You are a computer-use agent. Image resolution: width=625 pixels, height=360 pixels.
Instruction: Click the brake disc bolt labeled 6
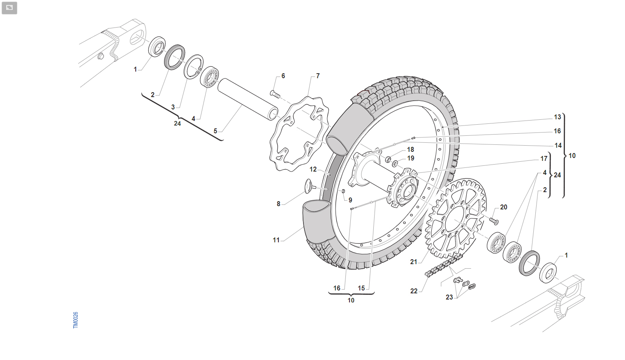tap(275, 94)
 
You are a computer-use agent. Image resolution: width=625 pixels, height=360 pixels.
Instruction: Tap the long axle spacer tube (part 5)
tap(248, 99)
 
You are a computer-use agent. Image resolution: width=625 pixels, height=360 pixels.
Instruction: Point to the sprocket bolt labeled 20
tap(494, 221)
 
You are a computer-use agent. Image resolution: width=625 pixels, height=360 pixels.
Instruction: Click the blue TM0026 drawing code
tap(76, 320)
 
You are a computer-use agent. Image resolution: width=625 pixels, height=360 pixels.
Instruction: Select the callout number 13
tap(557, 117)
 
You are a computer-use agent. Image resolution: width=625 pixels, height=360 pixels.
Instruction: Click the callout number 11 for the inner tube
tap(276, 240)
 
